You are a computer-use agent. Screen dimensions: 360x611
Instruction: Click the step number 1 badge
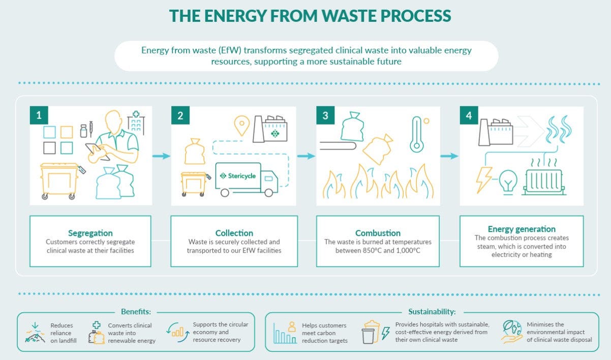point(39,116)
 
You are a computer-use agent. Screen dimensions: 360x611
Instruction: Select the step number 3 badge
point(325,116)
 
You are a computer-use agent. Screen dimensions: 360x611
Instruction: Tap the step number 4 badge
point(469,116)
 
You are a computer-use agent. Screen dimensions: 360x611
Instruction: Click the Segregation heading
point(90,233)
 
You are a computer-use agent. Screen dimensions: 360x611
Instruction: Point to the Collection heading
point(234,233)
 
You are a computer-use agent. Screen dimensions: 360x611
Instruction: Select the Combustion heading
point(378,233)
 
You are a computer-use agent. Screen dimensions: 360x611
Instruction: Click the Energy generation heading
point(522,229)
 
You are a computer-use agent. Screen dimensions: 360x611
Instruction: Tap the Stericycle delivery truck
point(247,178)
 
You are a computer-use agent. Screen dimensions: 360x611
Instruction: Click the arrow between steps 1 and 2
point(161,156)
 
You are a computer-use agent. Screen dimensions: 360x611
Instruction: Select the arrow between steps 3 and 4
point(449,156)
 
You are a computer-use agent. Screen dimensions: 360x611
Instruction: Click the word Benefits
point(136,312)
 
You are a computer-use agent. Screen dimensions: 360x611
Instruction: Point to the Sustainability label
point(432,312)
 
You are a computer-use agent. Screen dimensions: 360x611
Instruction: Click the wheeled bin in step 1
point(60,181)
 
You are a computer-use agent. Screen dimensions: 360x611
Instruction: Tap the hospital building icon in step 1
point(136,122)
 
